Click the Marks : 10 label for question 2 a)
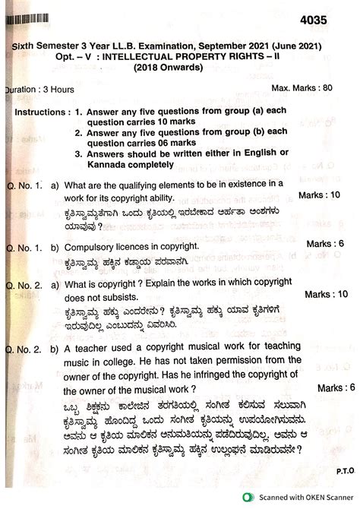(x=327, y=293)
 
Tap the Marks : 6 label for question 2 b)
(x=335, y=387)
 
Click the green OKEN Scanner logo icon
(x=248, y=498)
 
